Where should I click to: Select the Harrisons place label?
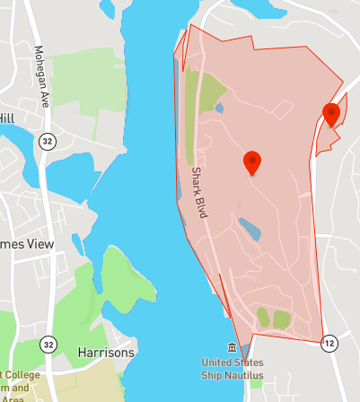tap(106, 353)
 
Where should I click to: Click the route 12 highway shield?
tap(329, 343)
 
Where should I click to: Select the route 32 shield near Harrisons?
tap(48, 344)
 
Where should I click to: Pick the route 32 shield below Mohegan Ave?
tap(47, 141)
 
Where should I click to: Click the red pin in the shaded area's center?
tap(252, 162)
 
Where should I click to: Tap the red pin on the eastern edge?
tap(331, 114)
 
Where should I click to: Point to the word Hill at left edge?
tap(7, 118)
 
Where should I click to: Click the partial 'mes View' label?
tap(27, 244)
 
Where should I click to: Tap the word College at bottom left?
tap(20, 374)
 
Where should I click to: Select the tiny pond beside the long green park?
tap(221, 109)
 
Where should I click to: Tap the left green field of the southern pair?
tap(262, 316)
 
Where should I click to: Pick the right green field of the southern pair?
tap(282, 319)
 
